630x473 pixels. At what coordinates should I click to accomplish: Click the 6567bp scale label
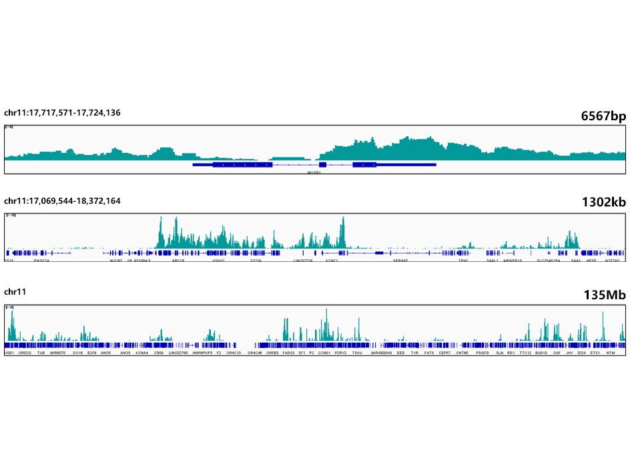(x=603, y=116)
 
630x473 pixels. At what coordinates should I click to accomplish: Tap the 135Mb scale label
(x=604, y=295)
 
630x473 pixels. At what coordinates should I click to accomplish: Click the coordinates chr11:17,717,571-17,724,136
(x=62, y=112)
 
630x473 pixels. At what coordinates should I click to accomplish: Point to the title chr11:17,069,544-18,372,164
(x=62, y=200)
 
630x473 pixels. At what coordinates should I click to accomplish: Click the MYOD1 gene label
(x=314, y=172)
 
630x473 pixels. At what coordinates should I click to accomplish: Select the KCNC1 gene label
(x=332, y=261)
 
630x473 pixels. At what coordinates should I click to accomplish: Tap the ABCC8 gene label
(x=178, y=261)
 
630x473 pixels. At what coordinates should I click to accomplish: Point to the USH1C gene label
(x=218, y=261)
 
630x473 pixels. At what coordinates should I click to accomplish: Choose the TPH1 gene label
(x=462, y=261)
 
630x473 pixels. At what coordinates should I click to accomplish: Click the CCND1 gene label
(x=325, y=352)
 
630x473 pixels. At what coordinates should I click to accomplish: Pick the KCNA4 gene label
(x=141, y=352)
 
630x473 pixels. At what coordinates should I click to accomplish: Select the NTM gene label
(x=610, y=352)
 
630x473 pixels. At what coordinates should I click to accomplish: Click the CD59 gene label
(x=158, y=352)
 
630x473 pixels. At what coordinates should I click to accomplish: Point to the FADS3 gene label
(x=288, y=352)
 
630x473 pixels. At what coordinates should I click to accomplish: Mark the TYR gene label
(x=414, y=352)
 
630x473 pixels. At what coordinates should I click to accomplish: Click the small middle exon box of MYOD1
(x=322, y=164)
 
